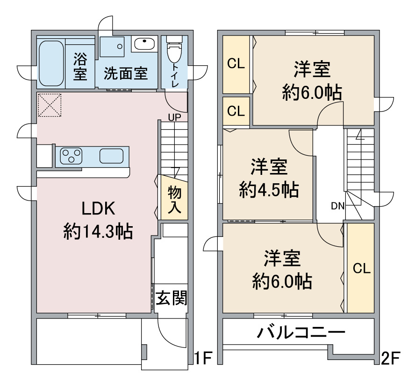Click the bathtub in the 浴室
coord(51,63)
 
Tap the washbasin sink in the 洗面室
coord(144,44)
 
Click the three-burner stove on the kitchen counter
coord(71,156)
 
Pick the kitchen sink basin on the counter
coord(111,156)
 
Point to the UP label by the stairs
coord(175,117)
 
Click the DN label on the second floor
coord(338,206)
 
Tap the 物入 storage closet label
coord(174,199)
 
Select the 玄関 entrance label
coord(171,298)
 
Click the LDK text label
coord(98,208)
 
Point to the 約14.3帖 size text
coord(98,232)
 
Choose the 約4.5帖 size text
coord(269,190)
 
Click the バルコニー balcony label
coord(301,332)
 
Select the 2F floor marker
coord(391,358)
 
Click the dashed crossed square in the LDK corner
coord(50,105)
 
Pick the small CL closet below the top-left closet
coord(236,111)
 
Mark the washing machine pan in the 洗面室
coord(112,47)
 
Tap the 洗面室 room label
coord(125,73)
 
